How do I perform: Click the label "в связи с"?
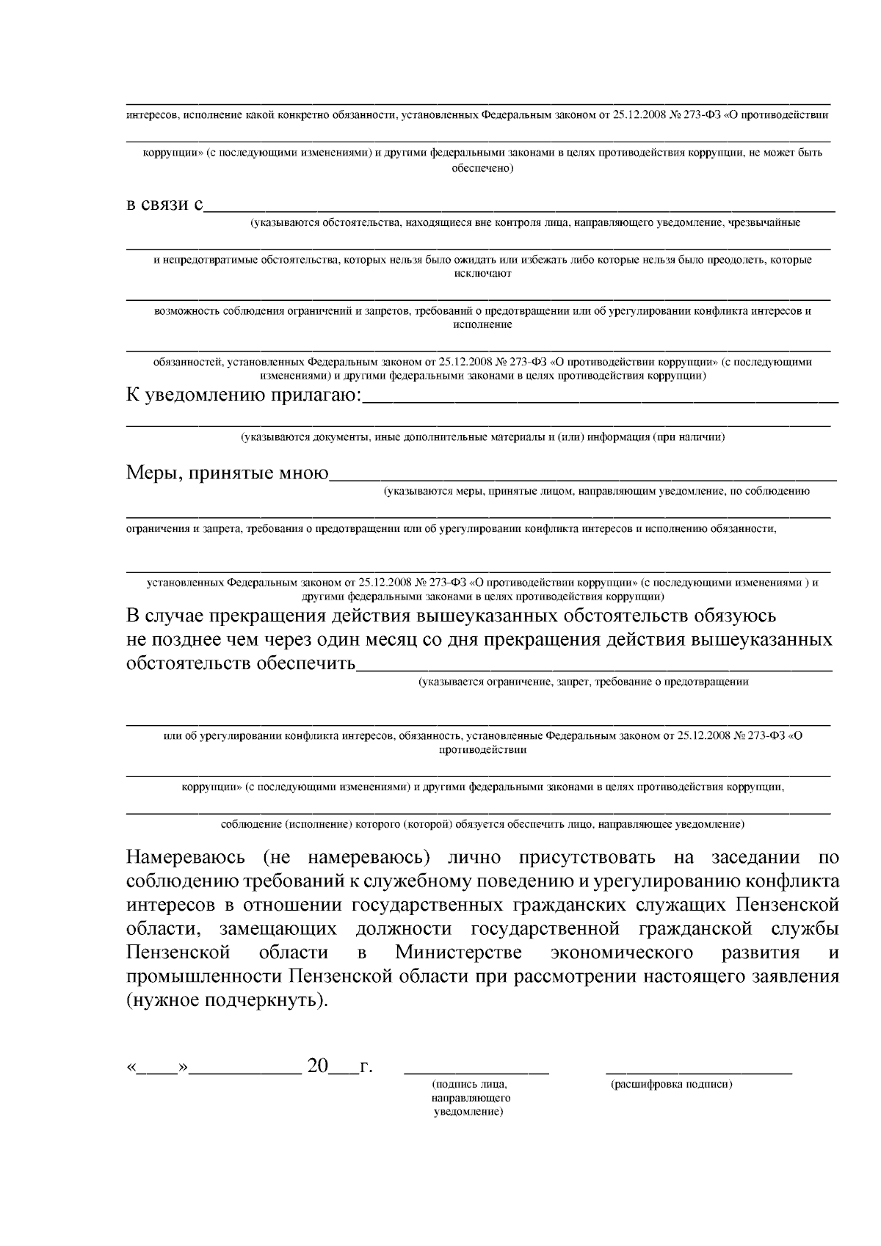click(164, 203)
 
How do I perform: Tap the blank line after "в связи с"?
click(520, 210)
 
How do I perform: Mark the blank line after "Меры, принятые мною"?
click(583, 478)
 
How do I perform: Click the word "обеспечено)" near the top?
click(482, 168)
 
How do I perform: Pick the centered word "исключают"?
click(482, 273)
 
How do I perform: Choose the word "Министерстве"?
click(459, 952)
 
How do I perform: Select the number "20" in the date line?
click(318, 1066)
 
